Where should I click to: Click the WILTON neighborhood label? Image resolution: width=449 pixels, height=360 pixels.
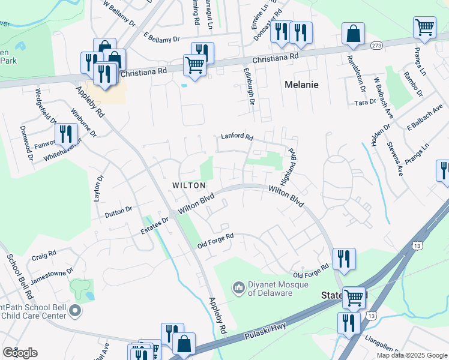pyautogui.click(x=190, y=185)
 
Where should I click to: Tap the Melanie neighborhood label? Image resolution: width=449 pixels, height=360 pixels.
pyautogui.click(x=301, y=85)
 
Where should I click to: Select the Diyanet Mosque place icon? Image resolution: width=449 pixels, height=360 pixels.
pyautogui.click(x=239, y=289)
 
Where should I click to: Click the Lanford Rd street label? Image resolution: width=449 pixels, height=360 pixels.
pyautogui.click(x=238, y=137)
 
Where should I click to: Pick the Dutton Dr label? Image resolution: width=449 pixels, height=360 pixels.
pyautogui.click(x=118, y=211)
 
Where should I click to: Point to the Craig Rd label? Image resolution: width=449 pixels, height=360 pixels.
pyautogui.click(x=44, y=256)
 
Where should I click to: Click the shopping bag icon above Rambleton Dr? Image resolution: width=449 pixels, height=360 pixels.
pyautogui.click(x=353, y=34)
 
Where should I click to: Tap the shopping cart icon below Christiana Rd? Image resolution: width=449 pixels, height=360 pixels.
pyautogui.click(x=194, y=65)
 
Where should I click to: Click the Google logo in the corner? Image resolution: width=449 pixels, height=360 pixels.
pyautogui.click(x=20, y=353)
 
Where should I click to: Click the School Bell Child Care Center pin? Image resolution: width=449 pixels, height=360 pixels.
pyautogui.click(x=75, y=310)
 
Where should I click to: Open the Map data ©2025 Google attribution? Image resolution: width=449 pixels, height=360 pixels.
pyautogui.click(x=411, y=355)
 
